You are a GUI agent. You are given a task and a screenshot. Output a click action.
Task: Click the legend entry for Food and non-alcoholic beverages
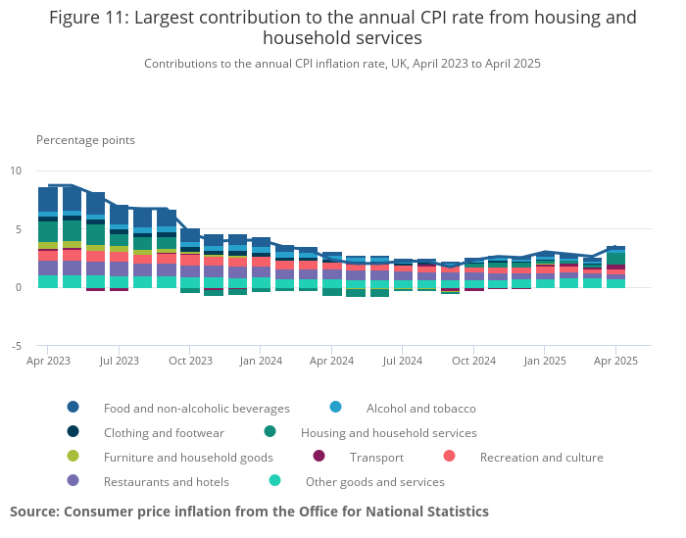click(196, 408)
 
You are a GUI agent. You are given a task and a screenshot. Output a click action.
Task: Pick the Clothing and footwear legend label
click(164, 432)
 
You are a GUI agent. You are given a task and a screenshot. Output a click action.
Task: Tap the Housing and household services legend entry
click(388, 432)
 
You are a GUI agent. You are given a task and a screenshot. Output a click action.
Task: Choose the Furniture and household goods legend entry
click(188, 457)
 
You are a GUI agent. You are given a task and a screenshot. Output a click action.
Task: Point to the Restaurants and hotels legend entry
click(166, 481)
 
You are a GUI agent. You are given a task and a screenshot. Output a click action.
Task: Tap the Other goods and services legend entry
click(374, 481)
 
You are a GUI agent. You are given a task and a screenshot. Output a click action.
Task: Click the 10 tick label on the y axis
click(15, 171)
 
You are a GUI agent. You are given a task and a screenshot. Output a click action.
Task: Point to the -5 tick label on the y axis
click(15, 346)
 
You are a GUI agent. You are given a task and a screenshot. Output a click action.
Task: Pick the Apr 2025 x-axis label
click(615, 362)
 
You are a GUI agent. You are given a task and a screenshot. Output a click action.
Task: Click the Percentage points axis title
click(85, 140)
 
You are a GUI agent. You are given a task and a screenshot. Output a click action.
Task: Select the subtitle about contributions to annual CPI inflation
click(342, 64)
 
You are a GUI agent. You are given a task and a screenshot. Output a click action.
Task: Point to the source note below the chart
click(249, 512)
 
